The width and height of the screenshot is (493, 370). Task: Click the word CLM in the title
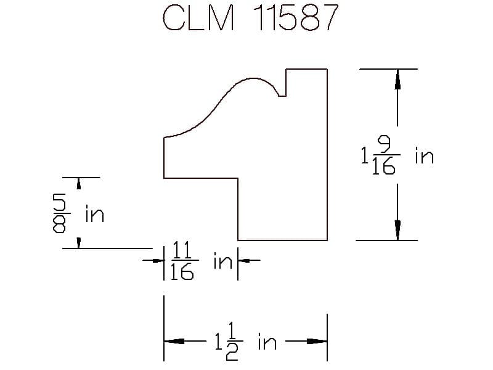(x=198, y=18)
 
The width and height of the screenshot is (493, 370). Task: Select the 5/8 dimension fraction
(x=60, y=213)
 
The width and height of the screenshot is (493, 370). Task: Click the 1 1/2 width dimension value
(x=229, y=342)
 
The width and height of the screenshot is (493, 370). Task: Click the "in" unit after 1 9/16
(x=425, y=156)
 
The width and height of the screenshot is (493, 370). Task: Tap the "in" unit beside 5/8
(x=95, y=214)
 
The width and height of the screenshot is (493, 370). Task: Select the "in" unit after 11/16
(x=223, y=261)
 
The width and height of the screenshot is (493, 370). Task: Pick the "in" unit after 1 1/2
(x=267, y=342)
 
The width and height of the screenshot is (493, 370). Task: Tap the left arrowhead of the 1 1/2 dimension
(x=174, y=342)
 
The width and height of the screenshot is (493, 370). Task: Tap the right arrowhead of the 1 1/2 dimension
(x=317, y=342)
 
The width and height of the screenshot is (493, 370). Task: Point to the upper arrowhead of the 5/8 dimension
(x=79, y=183)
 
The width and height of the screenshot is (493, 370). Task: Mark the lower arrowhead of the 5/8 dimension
(x=79, y=243)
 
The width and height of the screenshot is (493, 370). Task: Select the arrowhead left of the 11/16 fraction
(x=158, y=260)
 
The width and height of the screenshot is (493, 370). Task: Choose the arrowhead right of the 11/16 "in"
(x=243, y=260)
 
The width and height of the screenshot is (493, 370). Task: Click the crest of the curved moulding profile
(x=253, y=78)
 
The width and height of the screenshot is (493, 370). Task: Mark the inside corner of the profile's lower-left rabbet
(x=238, y=178)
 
